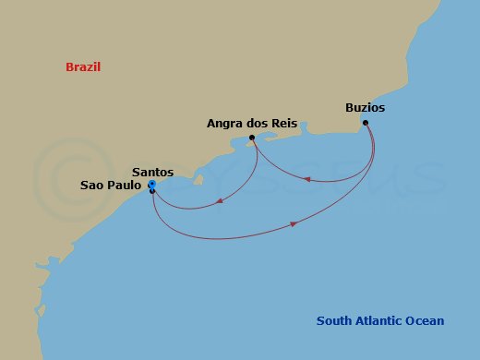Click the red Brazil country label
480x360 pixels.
click(x=83, y=67)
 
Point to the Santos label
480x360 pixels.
click(x=152, y=172)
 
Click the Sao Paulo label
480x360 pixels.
click(x=110, y=185)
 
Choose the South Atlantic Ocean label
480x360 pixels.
click(x=379, y=321)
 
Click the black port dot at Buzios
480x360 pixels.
click(x=366, y=123)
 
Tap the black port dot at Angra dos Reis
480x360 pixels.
click(x=252, y=138)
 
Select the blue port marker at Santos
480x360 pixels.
click(x=150, y=185)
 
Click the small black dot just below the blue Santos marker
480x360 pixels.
click(x=151, y=192)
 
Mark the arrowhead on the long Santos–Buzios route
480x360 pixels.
click(x=294, y=223)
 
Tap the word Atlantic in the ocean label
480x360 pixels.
click(x=380, y=321)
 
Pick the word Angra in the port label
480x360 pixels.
click(x=223, y=122)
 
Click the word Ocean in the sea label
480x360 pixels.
click(x=426, y=321)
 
